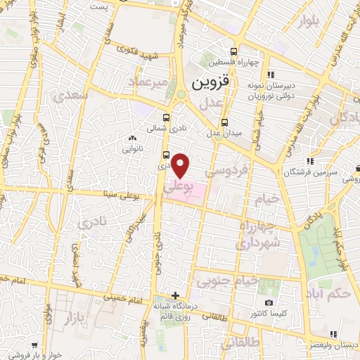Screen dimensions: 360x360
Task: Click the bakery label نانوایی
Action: point(133,148)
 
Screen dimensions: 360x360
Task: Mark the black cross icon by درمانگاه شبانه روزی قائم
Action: point(175,295)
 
